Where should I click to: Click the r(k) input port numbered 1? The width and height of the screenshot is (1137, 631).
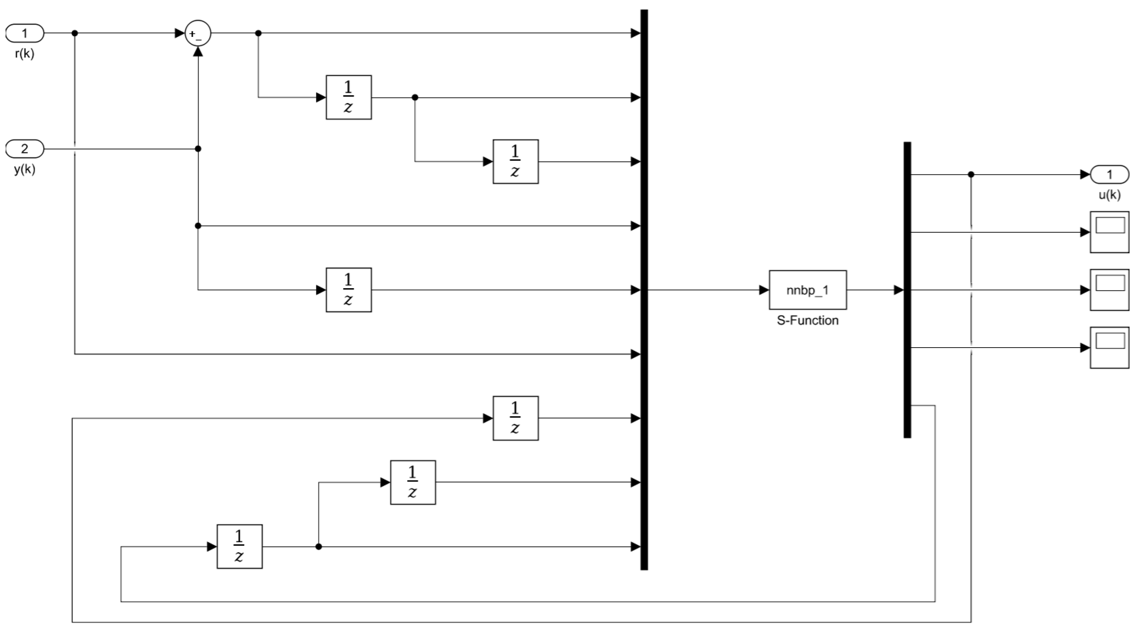[25, 33]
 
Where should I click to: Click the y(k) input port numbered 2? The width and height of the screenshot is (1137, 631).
[25, 149]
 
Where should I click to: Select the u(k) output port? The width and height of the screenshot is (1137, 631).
[1109, 175]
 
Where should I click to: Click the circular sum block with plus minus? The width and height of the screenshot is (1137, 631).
[198, 33]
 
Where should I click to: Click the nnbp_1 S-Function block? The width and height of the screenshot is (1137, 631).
[807, 290]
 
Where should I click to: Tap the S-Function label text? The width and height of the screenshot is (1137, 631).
[807, 320]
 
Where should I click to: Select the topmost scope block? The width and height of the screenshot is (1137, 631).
[1109, 232]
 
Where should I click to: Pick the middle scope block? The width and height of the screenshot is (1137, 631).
[1109, 290]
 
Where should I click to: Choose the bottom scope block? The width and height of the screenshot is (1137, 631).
[1109, 348]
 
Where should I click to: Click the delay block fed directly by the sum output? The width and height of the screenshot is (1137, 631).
[349, 97]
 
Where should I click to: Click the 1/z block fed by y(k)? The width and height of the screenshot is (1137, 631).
[349, 290]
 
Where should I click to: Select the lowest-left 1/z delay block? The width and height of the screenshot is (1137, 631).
[239, 546]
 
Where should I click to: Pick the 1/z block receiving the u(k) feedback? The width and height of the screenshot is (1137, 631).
[515, 418]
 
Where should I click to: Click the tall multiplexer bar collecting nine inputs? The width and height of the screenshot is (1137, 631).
[644, 290]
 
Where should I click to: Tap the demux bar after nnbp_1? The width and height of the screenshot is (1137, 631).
[907, 290]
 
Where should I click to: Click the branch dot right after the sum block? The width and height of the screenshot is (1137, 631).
[258, 33]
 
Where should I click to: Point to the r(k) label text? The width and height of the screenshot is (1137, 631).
[25, 54]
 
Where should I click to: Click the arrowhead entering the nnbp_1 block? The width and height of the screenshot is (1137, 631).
[763, 290]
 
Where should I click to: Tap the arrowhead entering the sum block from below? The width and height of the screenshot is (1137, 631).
[198, 52]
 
